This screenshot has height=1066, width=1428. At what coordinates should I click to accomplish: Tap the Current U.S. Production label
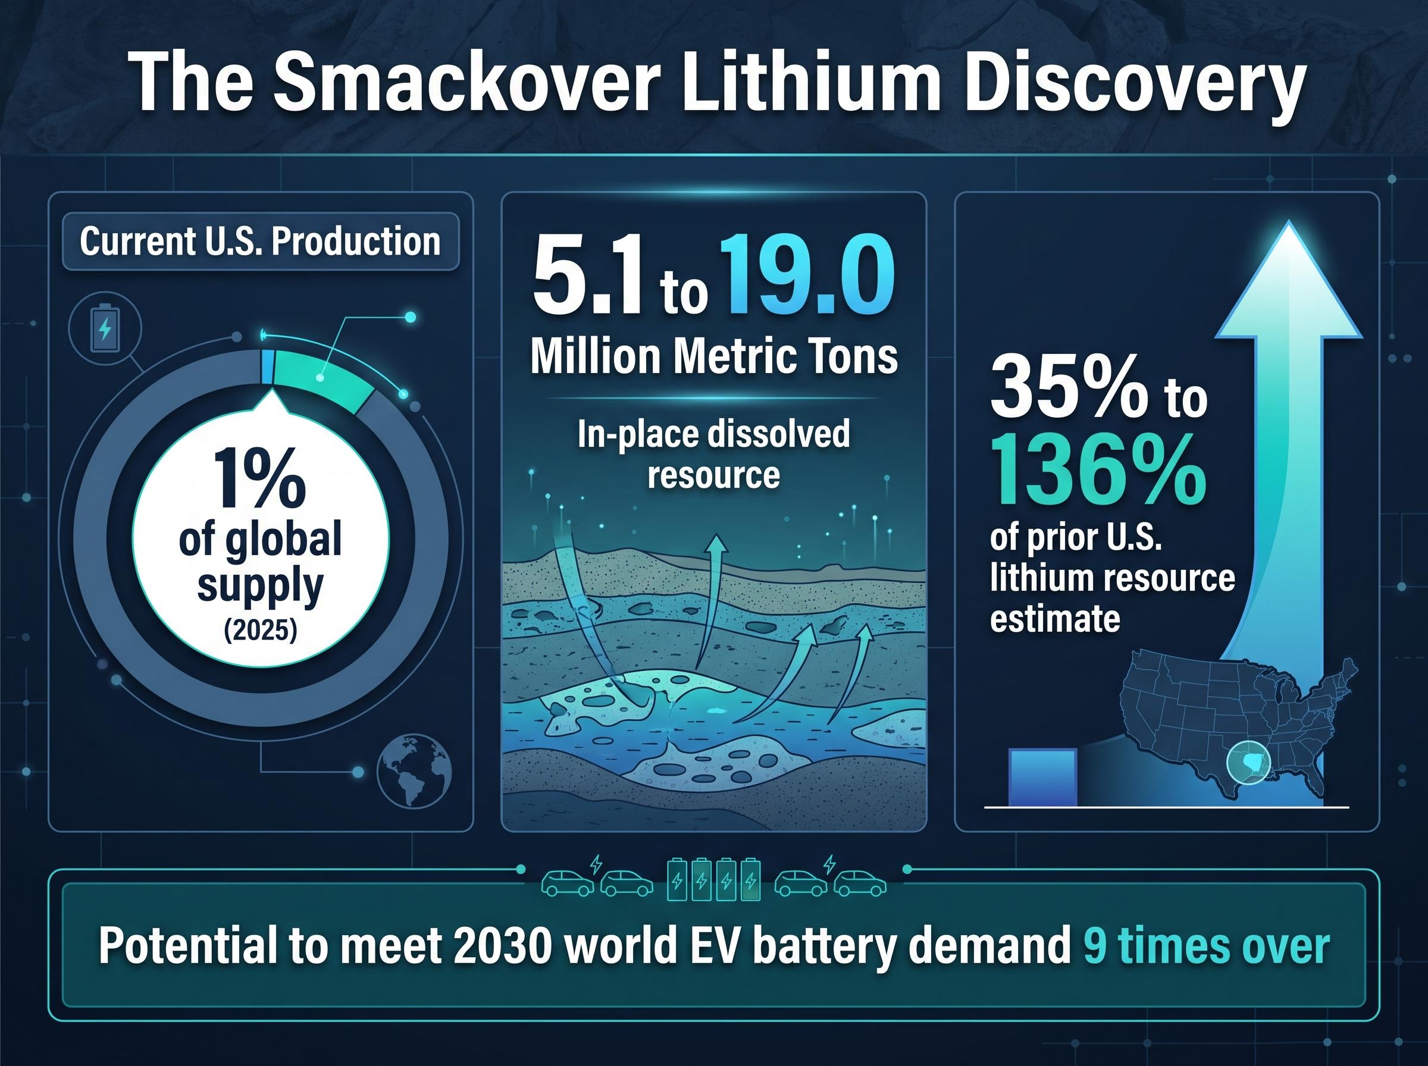(260, 242)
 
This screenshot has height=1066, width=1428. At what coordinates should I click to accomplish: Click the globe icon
(414, 770)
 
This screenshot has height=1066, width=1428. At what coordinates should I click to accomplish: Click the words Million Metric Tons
(713, 356)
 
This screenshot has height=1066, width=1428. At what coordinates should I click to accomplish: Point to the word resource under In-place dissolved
(713, 475)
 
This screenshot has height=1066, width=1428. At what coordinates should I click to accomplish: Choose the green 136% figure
(1098, 471)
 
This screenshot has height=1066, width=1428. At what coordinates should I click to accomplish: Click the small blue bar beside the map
(1044, 777)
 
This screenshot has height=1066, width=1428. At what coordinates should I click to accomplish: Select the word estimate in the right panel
(1055, 618)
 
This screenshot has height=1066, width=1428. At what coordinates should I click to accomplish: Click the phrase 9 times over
(1207, 946)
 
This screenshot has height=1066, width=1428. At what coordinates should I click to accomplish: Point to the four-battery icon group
(713, 879)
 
